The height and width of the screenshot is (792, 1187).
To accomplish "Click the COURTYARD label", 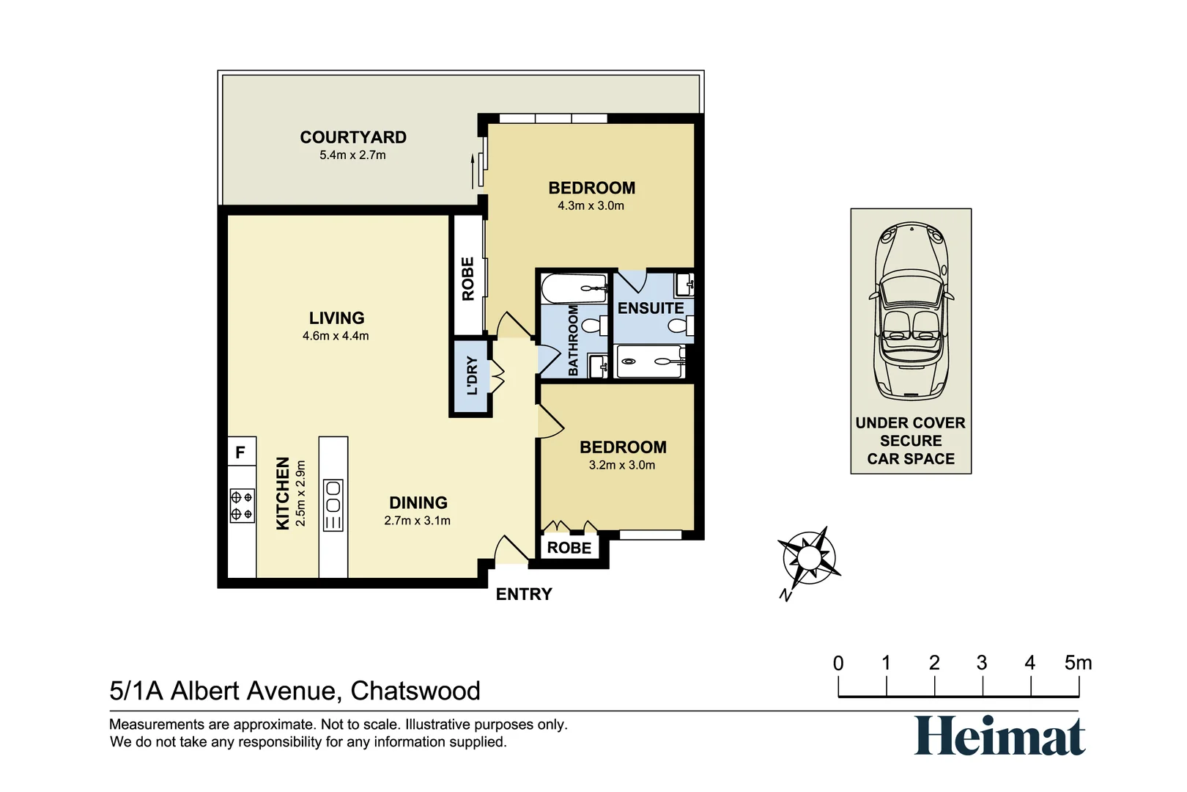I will (353, 137).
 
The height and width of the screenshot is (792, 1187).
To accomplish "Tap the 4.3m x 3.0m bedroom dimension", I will (591, 206).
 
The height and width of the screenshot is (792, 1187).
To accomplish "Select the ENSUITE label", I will (651, 308).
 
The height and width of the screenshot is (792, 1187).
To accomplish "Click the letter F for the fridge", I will (240, 452).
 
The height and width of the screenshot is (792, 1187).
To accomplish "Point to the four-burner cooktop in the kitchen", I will (242, 505).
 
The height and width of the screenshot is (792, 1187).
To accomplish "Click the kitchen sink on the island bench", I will (333, 496).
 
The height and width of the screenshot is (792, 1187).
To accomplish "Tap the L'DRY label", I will (472, 376).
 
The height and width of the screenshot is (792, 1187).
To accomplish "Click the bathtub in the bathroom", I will (574, 289).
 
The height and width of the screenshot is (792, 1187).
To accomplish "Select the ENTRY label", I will (524, 594).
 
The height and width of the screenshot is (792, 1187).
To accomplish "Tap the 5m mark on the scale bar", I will (1078, 664).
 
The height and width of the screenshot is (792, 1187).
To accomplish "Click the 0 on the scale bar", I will (838, 664).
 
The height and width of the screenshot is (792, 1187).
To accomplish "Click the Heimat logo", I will (999, 736).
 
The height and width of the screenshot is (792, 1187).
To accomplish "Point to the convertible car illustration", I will (911, 311).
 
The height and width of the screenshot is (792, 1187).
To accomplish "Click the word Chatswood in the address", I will (415, 691).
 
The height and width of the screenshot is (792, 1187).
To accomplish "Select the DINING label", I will (418, 503).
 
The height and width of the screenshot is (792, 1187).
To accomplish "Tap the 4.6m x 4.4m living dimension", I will (336, 337).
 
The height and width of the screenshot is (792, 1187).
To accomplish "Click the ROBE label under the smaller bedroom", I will (569, 548).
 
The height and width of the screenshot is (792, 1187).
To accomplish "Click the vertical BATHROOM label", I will (574, 341).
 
